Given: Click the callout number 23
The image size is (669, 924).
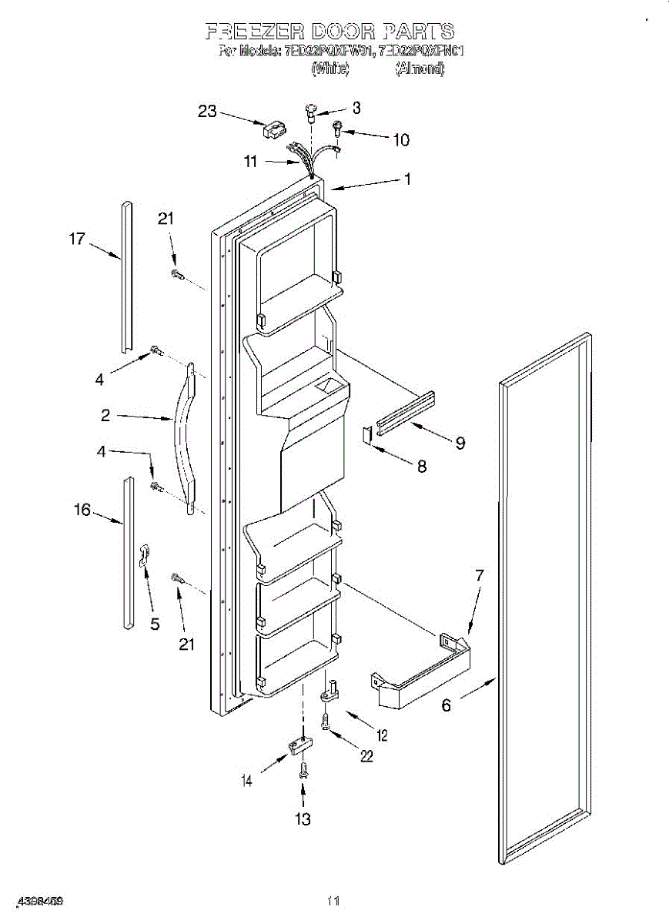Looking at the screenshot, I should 207,111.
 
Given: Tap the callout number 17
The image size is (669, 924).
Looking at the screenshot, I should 77,239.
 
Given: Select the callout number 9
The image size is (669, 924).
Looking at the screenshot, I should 460,443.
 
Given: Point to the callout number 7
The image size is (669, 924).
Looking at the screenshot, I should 479,574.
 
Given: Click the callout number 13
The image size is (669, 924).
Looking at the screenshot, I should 303,819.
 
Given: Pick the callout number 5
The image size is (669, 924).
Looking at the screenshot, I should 155,624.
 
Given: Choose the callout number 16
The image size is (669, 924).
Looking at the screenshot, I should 82,509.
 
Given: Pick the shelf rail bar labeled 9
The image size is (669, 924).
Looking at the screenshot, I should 406,410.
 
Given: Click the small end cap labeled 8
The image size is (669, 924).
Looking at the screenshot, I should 367,435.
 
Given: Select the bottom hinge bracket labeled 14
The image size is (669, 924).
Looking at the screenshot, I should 299,746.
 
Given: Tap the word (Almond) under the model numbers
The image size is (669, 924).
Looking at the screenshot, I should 420,69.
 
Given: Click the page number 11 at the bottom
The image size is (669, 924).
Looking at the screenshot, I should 333,900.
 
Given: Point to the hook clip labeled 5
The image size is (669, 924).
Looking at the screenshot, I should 144,554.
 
